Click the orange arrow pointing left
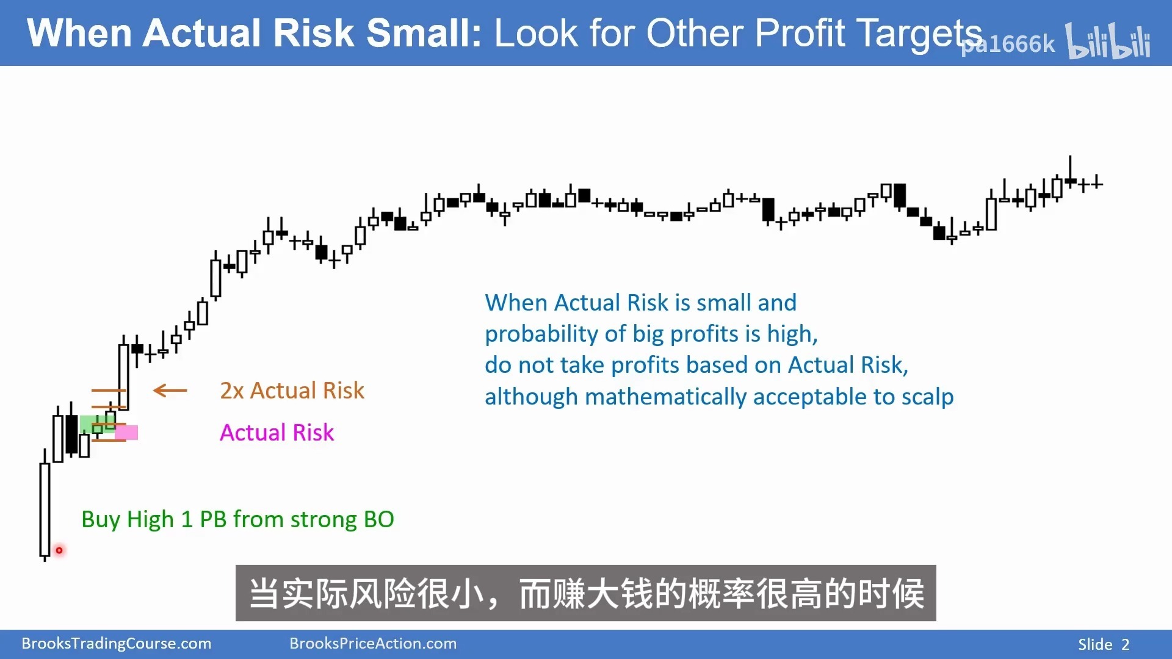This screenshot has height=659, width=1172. pyautogui.click(x=170, y=391)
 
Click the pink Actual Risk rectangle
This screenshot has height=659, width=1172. pyautogui.click(x=126, y=433)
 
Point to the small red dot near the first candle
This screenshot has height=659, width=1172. pyautogui.click(x=59, y=550)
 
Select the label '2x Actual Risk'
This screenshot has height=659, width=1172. pyautogui.click(x=292, y=391)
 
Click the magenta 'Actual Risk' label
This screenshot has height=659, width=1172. pyautogui.click(x=277, y=433)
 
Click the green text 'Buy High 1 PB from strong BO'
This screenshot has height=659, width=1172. pyautogui.click(x=237, y=519)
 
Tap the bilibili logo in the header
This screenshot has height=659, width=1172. pyautogui.click(x=1108, y=41)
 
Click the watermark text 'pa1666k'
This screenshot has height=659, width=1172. pyautogui.click(x=1008, y=44)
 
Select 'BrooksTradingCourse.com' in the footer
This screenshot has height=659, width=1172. pyautogui.click(x=116, y=644)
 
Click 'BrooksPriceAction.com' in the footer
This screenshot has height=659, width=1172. pyautogui.click(x=373, y=644)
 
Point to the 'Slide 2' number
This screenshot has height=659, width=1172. pyautogui.click(x=1104, y=644)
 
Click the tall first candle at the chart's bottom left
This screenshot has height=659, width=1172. pyautogui.click(x=45, y=510)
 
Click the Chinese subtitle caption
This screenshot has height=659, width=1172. pyautogui.click(x=586, y=594)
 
